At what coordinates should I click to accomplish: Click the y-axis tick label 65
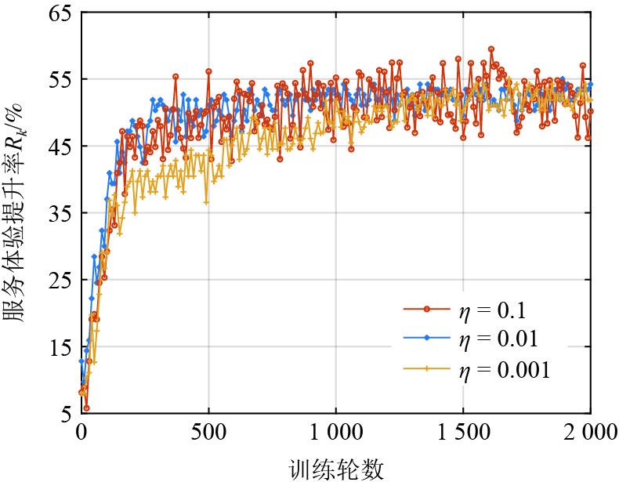[60, 13]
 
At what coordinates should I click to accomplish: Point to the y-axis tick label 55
[60, 80]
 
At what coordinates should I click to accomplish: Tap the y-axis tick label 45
[60, 147]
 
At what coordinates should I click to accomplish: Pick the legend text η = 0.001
[505, 368]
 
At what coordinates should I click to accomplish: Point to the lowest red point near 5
[86, 408]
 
